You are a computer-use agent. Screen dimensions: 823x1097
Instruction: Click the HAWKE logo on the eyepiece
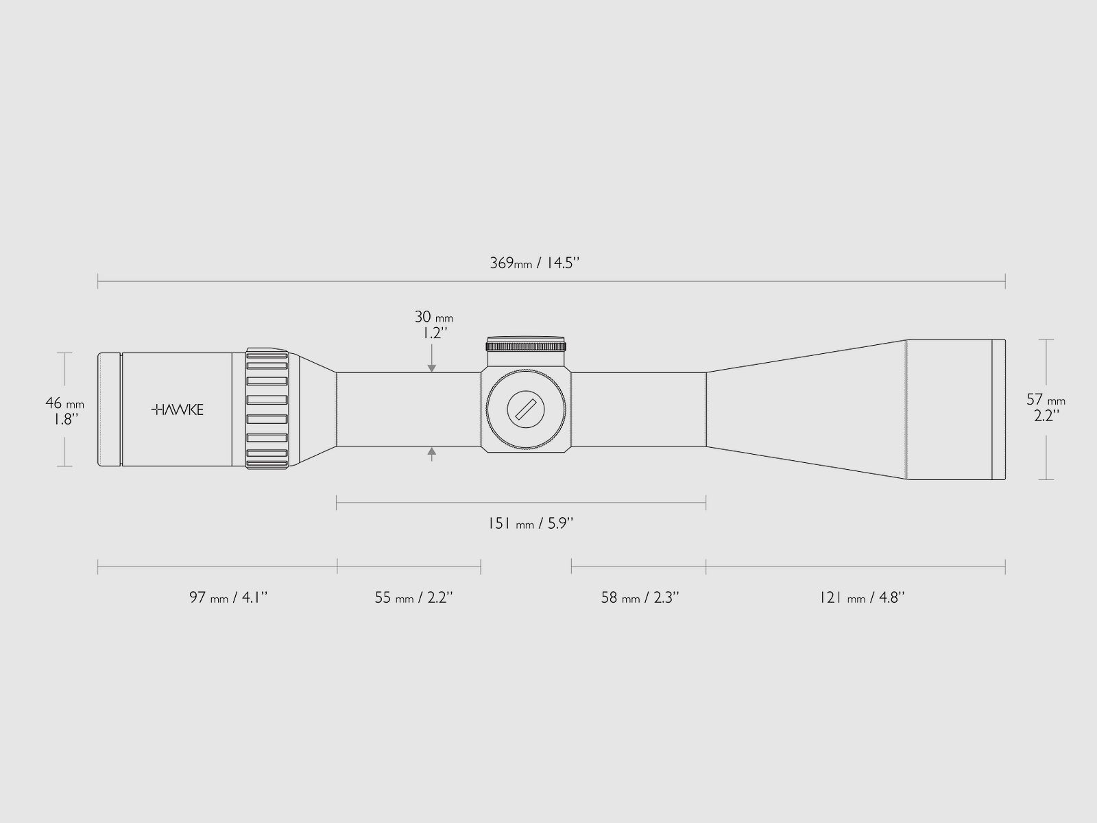click(177, 410)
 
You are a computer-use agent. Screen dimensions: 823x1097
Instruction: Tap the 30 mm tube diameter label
click(433, 325)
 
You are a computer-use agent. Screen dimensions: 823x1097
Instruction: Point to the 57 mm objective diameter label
click(1046, 407)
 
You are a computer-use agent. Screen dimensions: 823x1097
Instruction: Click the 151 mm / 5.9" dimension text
click(530, 524)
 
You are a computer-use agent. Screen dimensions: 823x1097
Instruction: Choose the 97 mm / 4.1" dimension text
click(228, 597)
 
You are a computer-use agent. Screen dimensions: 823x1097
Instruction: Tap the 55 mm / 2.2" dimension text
click(414, 597)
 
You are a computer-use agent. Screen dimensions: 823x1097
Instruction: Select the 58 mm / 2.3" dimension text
click(640, 597)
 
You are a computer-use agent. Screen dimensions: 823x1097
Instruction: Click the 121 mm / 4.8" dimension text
click(862, 597)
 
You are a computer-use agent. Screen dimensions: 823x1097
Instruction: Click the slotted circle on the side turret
click(527, 410)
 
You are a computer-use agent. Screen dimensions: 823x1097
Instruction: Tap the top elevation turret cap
click(526, 343)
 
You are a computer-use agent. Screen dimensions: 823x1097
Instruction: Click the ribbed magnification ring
click(267, 410)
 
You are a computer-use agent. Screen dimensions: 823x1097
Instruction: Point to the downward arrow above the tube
click(432, 368)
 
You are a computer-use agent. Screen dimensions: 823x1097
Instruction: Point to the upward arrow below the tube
click(432, 451)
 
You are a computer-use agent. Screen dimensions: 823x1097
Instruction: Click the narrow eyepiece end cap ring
click(110, 410)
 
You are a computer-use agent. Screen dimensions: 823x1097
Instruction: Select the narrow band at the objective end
click(999, 409)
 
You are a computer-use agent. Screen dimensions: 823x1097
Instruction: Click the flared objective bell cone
click(806, 410)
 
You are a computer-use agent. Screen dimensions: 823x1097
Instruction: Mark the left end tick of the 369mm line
click(98, 280)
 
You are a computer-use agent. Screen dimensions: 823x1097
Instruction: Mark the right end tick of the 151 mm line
click(706, 505)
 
